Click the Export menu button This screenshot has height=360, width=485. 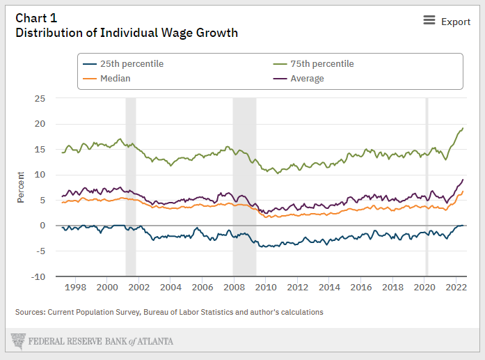pos(447,22)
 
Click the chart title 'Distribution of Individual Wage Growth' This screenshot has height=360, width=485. pos(127,33)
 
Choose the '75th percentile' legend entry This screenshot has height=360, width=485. pos(322,63)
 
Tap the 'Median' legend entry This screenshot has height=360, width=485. pos(115,79)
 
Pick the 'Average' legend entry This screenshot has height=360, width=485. pos(307,79)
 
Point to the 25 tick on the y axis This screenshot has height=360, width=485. pos(40,99)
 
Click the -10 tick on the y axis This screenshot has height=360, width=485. pos(38,276)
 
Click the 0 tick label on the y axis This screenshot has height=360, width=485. pos(42,226)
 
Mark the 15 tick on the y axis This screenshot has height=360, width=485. pos(40,150)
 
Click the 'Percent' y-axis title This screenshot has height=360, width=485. pos(21,187)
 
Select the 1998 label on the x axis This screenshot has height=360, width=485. pos(75,287)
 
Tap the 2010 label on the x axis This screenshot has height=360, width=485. pos(266,287)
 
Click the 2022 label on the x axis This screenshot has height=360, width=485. pos(456,287)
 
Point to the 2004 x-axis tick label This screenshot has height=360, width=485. pos(170,287)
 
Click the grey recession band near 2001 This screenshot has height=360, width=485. pos(130,187)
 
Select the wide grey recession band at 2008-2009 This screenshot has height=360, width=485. pos(244,187)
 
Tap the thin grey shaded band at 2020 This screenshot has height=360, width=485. pos(427,187)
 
